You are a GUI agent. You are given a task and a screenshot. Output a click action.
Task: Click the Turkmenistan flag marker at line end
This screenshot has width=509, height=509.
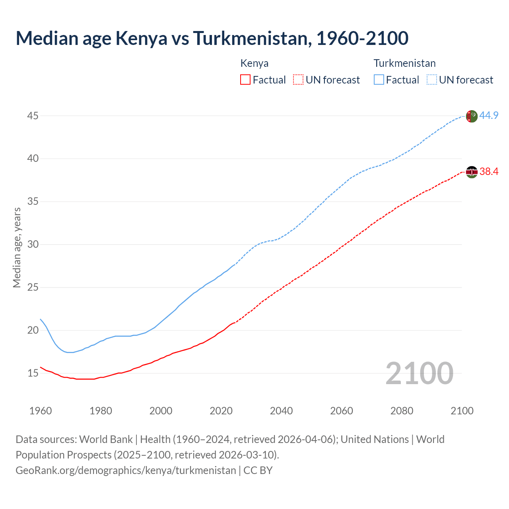click(472, 116)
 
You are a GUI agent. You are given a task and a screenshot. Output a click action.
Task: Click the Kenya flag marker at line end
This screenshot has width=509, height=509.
click(472, 172)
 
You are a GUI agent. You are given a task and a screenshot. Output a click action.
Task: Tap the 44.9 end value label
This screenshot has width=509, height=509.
click(489, 116)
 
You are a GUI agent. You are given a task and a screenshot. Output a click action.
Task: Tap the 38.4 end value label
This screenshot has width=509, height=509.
click(489, 172)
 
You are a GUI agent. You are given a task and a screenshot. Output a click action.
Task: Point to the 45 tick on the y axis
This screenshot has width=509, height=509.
click(33, 116)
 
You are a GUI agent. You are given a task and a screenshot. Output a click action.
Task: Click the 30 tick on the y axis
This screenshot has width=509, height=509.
click(33, 244)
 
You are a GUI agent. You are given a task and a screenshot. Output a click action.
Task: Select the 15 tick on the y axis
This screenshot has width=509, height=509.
click(33, 373)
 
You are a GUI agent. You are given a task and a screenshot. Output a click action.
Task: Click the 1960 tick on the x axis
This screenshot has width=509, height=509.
click(41, 411)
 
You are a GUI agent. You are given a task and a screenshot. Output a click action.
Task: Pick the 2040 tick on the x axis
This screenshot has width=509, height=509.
click(281, 411)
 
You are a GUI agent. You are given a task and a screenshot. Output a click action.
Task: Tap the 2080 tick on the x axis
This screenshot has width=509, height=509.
click(402, 411)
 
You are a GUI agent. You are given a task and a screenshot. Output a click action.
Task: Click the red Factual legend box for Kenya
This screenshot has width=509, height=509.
click(245, 80)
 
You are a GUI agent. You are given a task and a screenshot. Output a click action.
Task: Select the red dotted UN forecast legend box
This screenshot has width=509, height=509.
click(298, 80)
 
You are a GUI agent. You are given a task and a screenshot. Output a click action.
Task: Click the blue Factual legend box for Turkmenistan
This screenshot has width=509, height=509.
click(379, 80)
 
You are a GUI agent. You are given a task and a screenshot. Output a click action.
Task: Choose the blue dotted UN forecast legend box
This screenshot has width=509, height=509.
click(432, 80)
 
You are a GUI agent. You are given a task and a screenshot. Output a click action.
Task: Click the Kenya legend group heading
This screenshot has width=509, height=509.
click(254, 63)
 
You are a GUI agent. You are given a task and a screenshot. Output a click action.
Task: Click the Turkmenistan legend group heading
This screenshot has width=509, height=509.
click(404, 63)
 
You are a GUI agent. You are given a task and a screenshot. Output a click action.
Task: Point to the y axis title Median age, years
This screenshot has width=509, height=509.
click(17, 247)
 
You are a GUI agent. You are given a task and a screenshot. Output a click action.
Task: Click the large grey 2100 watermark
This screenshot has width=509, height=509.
click(419, 373)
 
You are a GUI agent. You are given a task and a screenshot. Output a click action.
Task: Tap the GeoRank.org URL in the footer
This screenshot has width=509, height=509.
click(126, 470)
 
